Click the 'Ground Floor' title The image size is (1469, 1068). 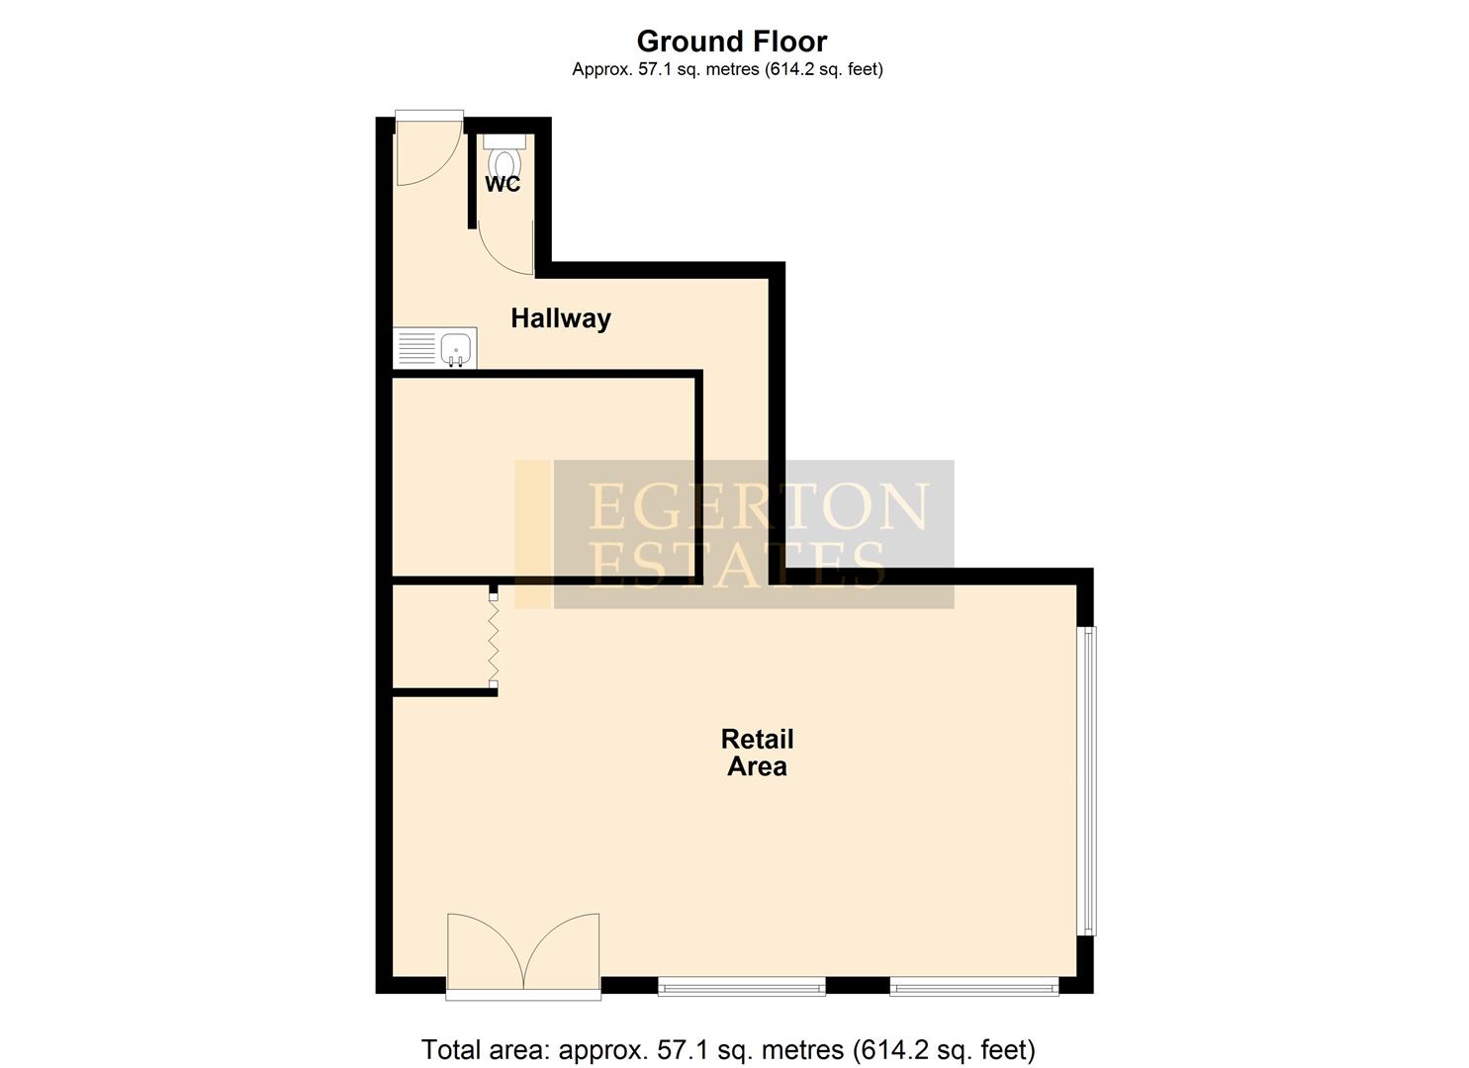click(x=731, y=42)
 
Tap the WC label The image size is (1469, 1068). click(x=503, y=184)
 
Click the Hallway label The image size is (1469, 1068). click(x=560, y=318)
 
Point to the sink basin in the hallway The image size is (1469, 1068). click(x=456, y=348)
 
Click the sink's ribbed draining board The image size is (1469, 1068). click(x=415, y=348)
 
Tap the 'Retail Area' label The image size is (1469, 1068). click(x=757, y=753)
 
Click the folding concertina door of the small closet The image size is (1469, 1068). click(x=494, y=640)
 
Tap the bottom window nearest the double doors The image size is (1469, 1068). click(x=742, y=985)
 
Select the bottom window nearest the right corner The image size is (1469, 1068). click(x=973, y=985)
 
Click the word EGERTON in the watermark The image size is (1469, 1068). click(x=758, y=505)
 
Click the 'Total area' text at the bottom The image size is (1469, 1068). click(x=728, y=1049)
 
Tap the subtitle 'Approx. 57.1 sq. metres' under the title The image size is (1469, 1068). click(x=727, y=69)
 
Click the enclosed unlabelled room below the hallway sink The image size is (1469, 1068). click(x=544, y=475)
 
